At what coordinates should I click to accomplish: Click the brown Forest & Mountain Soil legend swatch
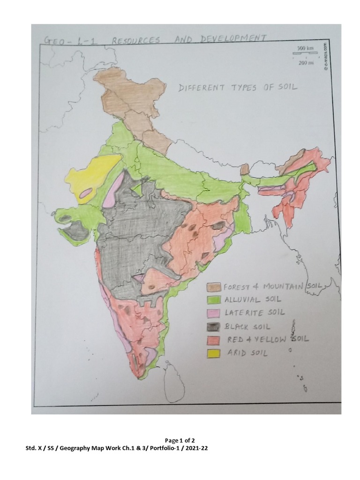(216, 287)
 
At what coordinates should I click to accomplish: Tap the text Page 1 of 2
(180, 441)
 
